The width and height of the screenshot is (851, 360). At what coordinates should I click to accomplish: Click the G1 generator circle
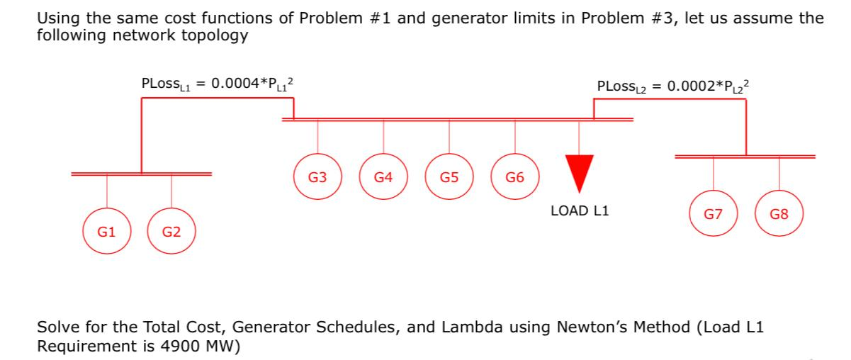point(107,231)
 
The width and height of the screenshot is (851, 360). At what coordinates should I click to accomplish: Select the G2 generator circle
point(171,231)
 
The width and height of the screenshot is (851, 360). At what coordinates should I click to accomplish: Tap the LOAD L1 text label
point(579,211)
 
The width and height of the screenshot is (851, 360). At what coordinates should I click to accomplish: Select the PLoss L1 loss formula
point(217,83)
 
